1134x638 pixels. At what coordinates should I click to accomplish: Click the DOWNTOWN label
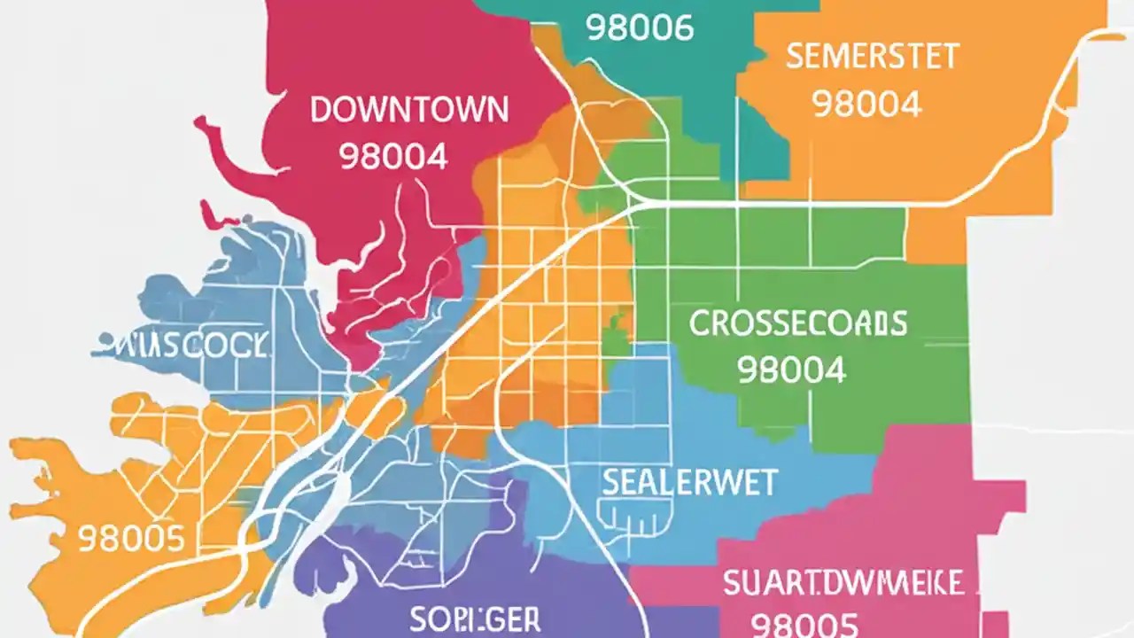pos(409,111)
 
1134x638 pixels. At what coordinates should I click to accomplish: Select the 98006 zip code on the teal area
pos(640,27)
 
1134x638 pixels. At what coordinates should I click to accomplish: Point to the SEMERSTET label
pos(872,57)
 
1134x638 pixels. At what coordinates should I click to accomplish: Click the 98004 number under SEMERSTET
pos(866,105)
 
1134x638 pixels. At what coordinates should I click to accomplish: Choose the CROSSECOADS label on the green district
pos(797,323)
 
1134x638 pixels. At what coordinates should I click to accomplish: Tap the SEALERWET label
pos(689,483)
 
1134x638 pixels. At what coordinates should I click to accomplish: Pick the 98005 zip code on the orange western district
pos(131,538)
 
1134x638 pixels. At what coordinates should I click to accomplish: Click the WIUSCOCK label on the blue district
pos(181,345)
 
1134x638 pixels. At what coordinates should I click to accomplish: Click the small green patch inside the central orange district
pos(614,341)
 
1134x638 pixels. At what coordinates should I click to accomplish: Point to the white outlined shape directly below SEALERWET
pos(636,518)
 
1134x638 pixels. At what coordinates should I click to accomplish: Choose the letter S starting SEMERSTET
pos(794,57)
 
